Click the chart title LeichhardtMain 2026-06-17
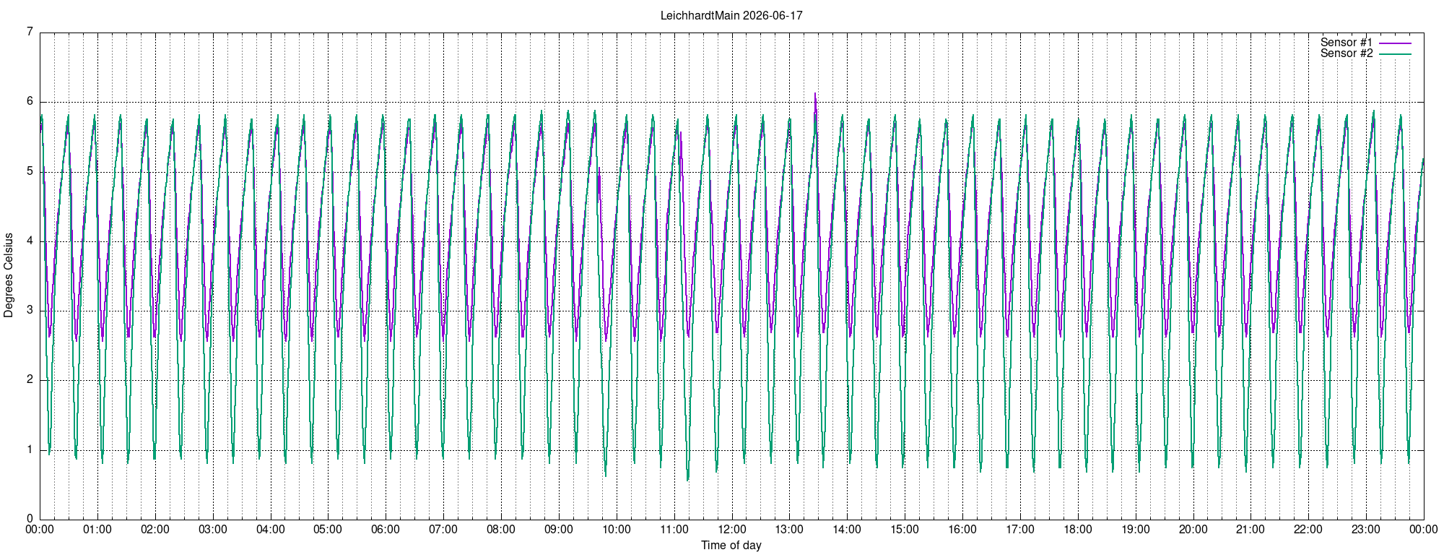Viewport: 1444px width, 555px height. tap(731, 15)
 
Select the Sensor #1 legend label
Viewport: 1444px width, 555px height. tap(1347, 43)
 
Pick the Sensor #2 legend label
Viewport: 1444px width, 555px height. tap(1347, 53)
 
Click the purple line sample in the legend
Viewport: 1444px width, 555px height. tap(1395, 43)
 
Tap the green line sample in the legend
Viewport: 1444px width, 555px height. tap(1395, 54)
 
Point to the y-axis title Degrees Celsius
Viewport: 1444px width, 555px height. tap(9, 275)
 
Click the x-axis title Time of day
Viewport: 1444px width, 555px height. tap(731, 545)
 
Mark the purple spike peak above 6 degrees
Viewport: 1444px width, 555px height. tap(815, 93)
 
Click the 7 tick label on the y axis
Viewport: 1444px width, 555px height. tap(30, 32)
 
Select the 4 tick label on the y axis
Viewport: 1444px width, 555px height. tap(30, 241)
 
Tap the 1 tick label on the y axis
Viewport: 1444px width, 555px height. tap(30, 449)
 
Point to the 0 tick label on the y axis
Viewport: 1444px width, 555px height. tap(30, 519)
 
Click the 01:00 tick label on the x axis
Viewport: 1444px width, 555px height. tap(97, 530)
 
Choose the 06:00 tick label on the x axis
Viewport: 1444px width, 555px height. tap(386, 530)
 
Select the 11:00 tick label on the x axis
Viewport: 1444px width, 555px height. tap(674, 530)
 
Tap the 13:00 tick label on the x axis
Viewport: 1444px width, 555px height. tap(789, 530)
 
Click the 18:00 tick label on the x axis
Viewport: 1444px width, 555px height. tap(1078, 530)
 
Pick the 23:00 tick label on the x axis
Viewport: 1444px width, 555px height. tap(1366, 530)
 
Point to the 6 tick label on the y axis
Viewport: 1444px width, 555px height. tap(30, 101)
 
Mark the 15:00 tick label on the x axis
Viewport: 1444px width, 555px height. tap(905, 530)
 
